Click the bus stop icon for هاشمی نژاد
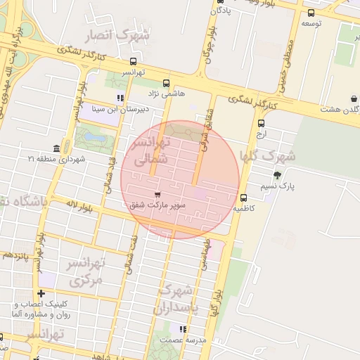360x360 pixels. tap(166, 83)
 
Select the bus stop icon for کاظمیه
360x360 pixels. tap(243, 198)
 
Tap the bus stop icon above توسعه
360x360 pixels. tap(311, 12)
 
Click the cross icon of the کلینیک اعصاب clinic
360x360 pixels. tap(41, 293)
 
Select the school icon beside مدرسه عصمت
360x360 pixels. tap(183, 328)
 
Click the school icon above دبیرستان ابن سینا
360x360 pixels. tap(120, 98)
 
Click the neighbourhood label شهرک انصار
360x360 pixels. tap(117, 35)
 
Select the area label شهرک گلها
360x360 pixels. tap(267, 155)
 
